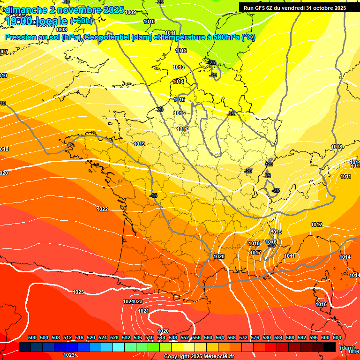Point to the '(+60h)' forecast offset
tap(81, 21)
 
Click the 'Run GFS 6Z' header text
tap(258, 7)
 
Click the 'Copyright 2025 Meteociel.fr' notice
tap(199, 356)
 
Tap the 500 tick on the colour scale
tap(32, 337)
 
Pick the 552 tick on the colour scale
tap(185, 337)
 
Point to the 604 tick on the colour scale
tap(337, 337)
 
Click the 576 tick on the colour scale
tap(255, 337)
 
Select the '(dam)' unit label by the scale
tap(347, 347)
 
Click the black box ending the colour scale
tap(330, 347)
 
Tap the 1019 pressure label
tap(139, 144)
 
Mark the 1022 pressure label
tap(103, 209)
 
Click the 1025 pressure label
tap(79, 292)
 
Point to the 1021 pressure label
tap(143, 311)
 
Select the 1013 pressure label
tap(179, 67)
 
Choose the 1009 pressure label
tap(131, 12)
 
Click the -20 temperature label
tap(159, 110)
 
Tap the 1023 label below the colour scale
tap(69, 355)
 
